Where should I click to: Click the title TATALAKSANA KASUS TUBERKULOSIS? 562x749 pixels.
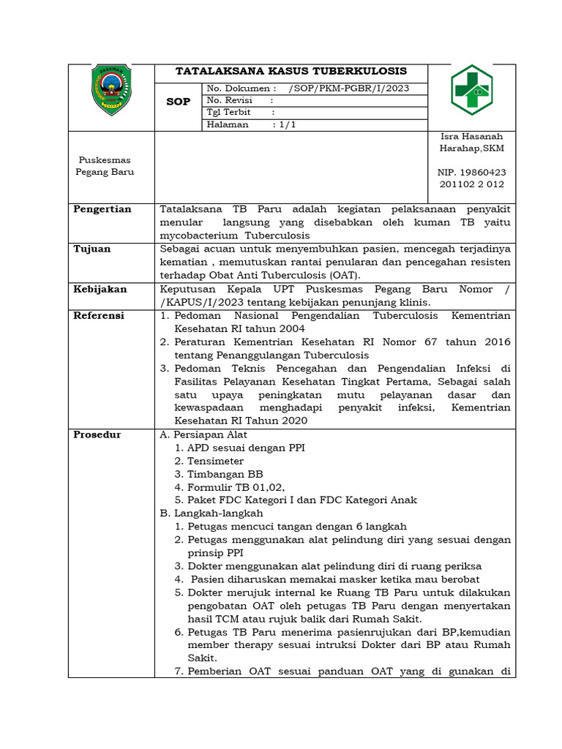[291, 72]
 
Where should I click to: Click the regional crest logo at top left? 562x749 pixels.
[111, 90]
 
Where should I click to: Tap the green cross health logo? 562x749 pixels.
[471, 90]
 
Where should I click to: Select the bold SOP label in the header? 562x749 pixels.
[178, 102]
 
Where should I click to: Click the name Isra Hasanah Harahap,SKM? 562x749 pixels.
[471, 143]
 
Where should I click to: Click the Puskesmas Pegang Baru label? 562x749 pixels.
[105, 166]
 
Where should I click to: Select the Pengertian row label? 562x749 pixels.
[102, 209]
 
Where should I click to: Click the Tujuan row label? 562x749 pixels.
[92, 249]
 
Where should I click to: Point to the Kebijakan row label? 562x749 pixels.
[100, 289]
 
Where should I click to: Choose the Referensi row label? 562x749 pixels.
[99, 316]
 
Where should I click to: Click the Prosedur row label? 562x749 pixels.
[97, 434]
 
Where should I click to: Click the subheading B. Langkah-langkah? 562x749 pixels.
[211, 513]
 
